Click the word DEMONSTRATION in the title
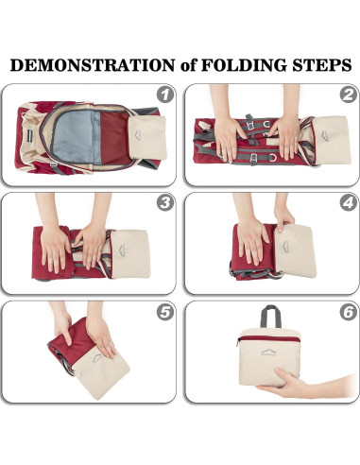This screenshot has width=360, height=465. [93, 65]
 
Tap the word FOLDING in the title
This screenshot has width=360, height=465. [244, 65]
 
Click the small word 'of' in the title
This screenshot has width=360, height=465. [188, 65]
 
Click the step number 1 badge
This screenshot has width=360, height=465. [165, 94]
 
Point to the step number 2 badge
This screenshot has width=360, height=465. [349, 94]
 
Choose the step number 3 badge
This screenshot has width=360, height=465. [165, 203]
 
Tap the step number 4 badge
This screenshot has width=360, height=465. [349, 203]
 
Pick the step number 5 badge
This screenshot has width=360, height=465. [165, 312]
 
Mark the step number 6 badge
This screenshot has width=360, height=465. [349, 312]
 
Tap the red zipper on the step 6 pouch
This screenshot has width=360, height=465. [268, 338]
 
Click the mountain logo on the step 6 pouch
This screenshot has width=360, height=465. [268, 353]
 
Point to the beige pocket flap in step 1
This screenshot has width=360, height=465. [147, 137]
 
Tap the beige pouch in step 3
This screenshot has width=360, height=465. [129, 253]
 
